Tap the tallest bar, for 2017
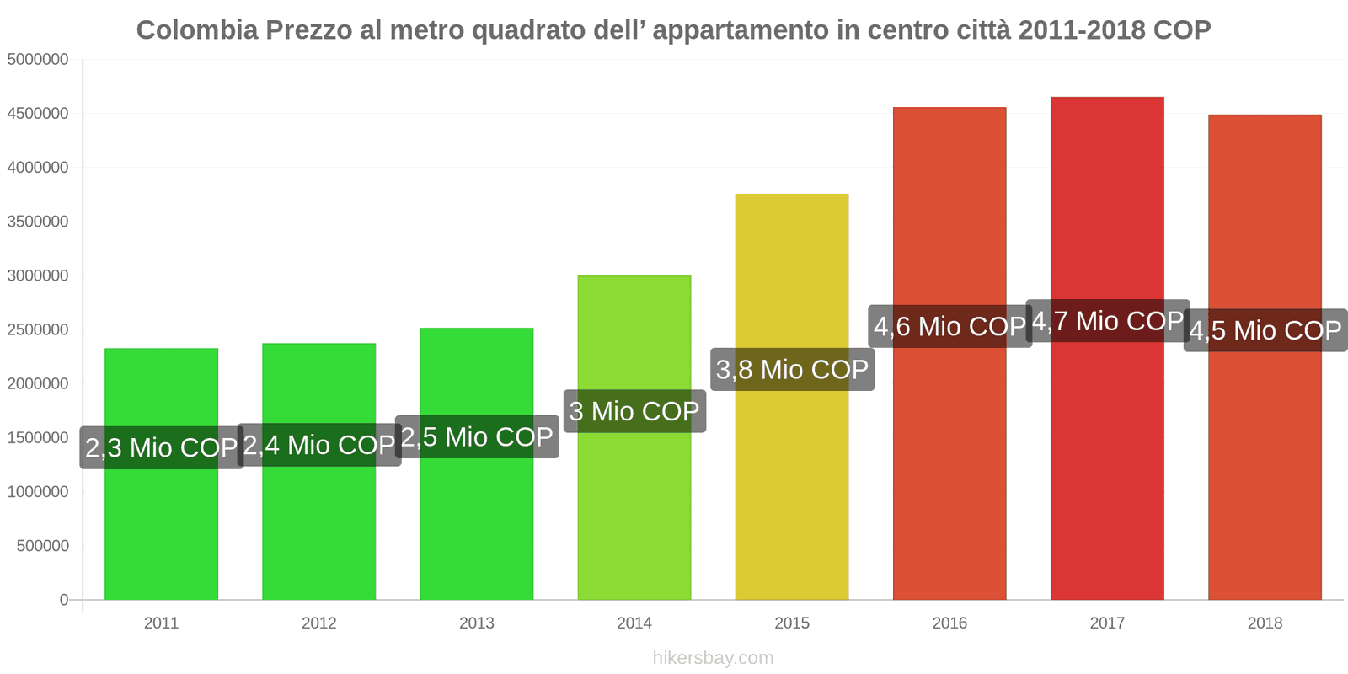1107,463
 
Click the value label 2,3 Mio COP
162,447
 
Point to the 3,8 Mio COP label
792,370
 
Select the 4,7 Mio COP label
1107,321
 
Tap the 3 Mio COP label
634,411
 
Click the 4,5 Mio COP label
1265,330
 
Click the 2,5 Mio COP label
477,437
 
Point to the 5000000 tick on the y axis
38,60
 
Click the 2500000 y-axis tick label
38,329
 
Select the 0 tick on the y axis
64,600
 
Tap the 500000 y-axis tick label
42,546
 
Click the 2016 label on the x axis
949,623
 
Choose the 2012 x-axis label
318,623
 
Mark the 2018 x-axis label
1265,623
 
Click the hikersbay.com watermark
713,658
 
